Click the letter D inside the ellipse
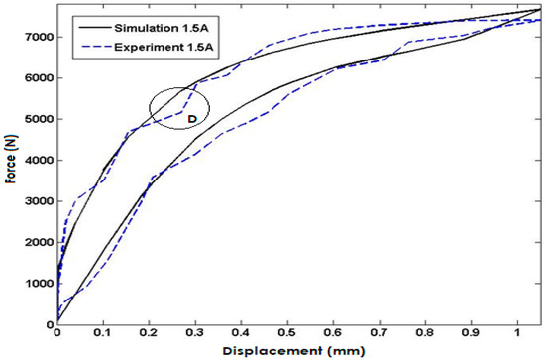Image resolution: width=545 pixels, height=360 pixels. coord(192,118)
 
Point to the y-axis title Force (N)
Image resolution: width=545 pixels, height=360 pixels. coord(10,164)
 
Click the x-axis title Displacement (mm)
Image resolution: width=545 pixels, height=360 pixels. coord(298,349)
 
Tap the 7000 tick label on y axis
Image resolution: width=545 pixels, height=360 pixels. coord(37,37)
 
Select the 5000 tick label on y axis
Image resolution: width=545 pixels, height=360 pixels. coord(37,119)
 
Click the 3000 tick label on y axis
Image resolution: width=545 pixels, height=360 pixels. coord(37,201)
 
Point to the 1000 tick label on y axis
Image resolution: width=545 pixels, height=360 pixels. coord(37,284)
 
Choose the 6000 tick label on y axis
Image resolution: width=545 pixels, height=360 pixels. coord(37,78)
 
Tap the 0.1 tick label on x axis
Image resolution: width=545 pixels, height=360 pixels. coord(103,334)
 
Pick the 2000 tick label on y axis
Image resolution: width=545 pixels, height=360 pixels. coord(37,242)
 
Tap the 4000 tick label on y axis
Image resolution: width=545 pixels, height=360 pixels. coord(37,160)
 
